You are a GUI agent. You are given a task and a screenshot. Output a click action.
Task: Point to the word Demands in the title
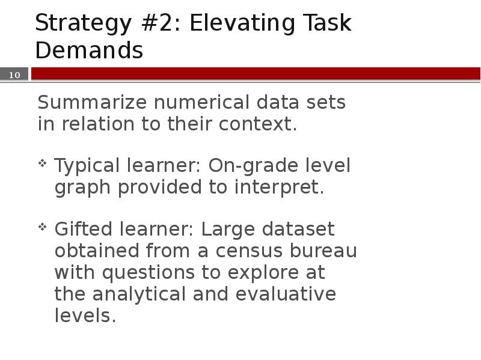[89, 50]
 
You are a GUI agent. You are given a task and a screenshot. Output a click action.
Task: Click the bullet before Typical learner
[43, 163]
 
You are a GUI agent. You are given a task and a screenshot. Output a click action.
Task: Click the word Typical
[86, 166]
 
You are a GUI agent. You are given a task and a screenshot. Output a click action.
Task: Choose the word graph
[83, 188]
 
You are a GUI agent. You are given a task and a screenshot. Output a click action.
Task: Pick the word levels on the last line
[85, 316]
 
